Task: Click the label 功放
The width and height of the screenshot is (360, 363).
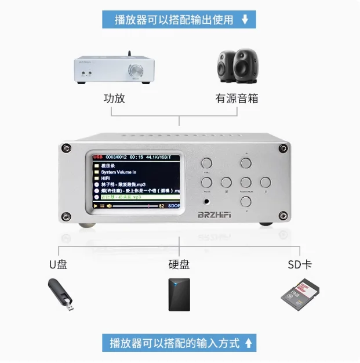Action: click(x=114, y=98)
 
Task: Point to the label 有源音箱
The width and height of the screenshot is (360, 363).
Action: click(x=237, y=98)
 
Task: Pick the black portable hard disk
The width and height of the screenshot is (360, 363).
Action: click(x=179, y=295)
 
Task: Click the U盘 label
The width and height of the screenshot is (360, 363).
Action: click(x=58, y=264)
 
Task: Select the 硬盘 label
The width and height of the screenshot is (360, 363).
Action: click(x=179, y=264)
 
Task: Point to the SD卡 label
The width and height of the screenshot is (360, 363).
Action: click(x=300, y=264)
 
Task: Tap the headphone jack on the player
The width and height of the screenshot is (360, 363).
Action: click(x=206, y=203)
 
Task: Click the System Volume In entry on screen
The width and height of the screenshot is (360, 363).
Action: click(x=118, y=172)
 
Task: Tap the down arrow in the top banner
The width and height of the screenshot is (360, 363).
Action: click(x=245, y=20)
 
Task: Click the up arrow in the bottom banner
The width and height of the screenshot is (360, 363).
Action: click(x=248, y=343)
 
